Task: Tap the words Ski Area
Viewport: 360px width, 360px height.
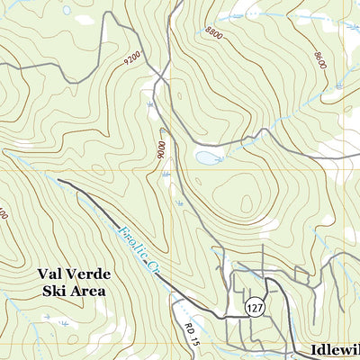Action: pos(73,291)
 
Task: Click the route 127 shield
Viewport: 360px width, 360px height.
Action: pos(256,307)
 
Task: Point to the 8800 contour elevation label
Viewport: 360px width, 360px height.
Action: pos(213,31)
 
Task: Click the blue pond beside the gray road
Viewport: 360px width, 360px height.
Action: pos(206,157)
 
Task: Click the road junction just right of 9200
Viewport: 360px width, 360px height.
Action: pos(158,79)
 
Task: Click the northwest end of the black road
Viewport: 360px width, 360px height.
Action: pos(59,180)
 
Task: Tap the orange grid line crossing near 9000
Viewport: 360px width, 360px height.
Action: pos(167,168)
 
